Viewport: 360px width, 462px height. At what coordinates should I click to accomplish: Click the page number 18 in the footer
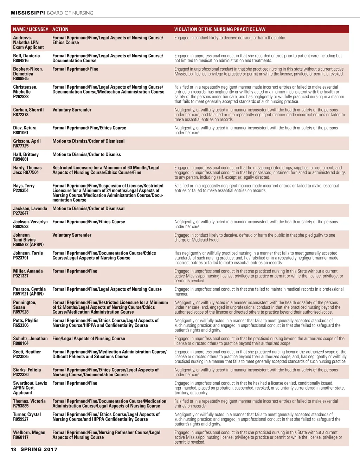[x=13, y=449]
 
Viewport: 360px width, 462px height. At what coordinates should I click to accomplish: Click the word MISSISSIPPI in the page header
[x=28, y=13]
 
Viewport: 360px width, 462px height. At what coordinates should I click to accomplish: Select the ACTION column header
[x=60, y=30]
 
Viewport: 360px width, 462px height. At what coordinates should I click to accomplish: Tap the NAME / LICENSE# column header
[x=30, y=30]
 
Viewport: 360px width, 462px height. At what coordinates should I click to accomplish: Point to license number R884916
[x=21, y=60]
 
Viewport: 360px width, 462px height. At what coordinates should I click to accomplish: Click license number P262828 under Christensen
[x=21, y=97]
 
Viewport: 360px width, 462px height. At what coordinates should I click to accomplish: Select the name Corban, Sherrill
[x=28, y=110]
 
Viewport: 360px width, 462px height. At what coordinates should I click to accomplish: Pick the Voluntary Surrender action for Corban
[x=72, y=110]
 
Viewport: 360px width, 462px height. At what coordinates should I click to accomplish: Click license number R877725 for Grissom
[x=21, y=146]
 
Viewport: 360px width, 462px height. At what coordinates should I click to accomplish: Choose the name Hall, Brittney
[x=26, y=154]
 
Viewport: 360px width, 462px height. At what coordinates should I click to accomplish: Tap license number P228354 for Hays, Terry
[x=21, y=191]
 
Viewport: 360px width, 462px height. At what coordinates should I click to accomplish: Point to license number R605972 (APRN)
[x=28, y=245]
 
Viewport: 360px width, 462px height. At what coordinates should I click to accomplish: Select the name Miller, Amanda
[x=28, y=271]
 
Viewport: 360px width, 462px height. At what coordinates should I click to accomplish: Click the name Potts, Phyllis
[x=26, y=321]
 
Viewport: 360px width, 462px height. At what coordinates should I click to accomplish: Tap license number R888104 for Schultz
[x=21, y=344]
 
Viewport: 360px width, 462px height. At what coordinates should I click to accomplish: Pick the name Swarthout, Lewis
[x=30, y=383]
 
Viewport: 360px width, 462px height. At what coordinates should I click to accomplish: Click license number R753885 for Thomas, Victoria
[x=21, y=406]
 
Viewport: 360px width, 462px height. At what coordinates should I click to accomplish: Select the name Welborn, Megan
[x=29, y=433]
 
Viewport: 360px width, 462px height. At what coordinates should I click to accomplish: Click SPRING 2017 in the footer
[x=39, y=449]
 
